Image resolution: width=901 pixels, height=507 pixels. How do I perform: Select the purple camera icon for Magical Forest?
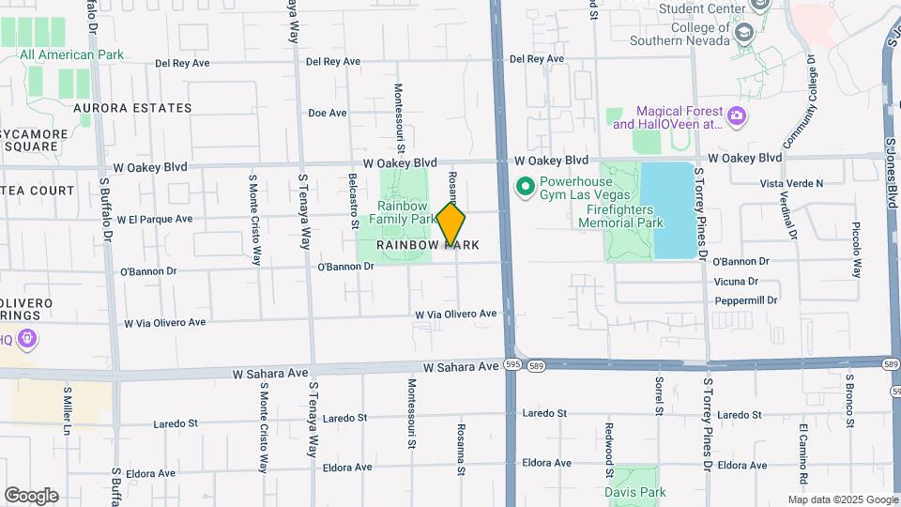tap(737, 116)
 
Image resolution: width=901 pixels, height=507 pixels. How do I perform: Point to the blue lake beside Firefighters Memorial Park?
tap(675, 210)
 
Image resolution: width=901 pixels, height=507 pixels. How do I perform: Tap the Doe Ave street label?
tap(328, 113)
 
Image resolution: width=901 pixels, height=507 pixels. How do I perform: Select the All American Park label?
tap(71, 54)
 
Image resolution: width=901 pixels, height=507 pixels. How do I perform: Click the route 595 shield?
tap(509, 364)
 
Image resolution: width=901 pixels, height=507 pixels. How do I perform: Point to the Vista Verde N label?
tap(791, 183)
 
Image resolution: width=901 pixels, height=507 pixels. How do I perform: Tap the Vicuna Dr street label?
tap(736, 282)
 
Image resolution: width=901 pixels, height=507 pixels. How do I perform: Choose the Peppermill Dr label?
tap(746, 300)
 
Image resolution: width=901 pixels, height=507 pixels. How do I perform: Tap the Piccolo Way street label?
tap(855, 249)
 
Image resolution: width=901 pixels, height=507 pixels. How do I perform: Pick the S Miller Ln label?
tap(68, 410)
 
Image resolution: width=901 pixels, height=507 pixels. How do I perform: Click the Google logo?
tap(31, 496)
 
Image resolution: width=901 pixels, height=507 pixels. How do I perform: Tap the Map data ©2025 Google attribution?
tap(842, 499)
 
